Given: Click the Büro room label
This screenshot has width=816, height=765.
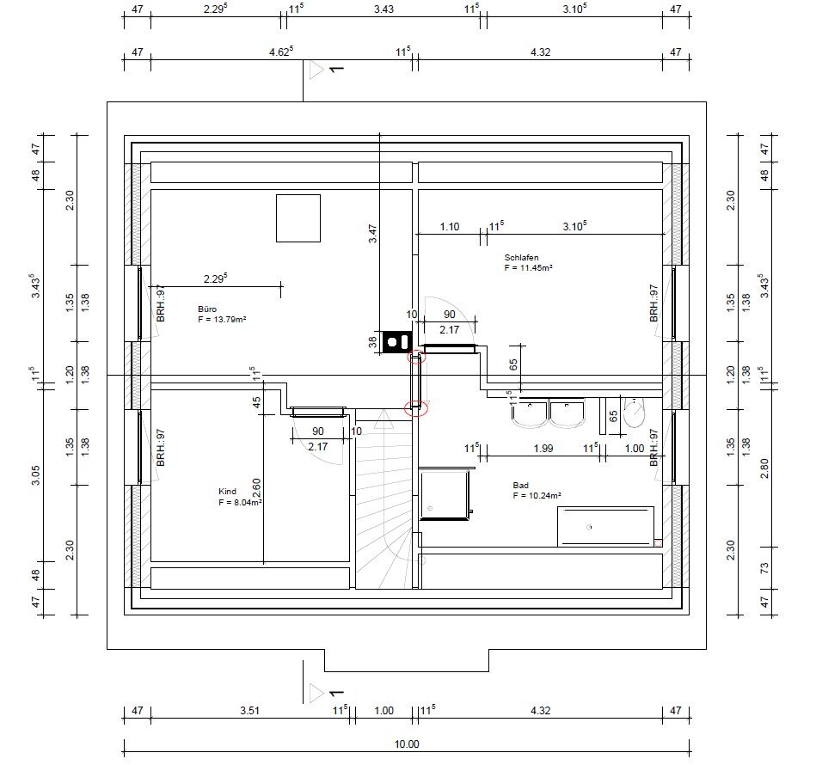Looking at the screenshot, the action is [x=207, y=309].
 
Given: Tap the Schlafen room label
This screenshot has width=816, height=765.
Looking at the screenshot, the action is [x=521, y=257].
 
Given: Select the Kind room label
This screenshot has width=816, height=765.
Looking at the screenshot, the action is [x=227, y=492].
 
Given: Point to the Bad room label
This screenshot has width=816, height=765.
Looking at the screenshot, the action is [x=520, y=485].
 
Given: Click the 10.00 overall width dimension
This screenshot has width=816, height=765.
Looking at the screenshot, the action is [x=407, y=744].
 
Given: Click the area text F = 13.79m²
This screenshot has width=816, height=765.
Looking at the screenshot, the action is [x=222, y=319].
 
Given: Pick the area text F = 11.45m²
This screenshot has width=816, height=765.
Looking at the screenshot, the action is [x=528, y=268].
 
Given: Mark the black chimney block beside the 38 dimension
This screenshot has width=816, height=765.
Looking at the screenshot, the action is [x=397, y=342].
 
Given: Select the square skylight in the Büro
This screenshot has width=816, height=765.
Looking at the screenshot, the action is [x=298, y=218].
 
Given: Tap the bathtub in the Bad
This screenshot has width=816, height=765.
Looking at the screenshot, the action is [x=605, y=527].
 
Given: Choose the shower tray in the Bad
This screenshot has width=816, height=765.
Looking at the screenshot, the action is [x=445, y=494].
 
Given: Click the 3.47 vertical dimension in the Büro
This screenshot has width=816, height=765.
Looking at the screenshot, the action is [x=372, y=234].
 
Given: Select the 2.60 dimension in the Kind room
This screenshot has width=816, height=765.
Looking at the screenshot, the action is [x=256, y=488].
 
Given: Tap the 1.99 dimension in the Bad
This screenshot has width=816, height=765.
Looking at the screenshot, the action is [x=543, y=449].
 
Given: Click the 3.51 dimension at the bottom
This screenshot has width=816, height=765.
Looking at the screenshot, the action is [x=250, y=710].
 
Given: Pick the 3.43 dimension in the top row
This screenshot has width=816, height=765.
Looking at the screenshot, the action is [x=383, y=9].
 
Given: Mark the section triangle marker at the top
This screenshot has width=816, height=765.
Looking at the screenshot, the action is [x=316, y=70].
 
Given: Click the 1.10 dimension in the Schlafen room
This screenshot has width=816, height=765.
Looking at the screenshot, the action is [x=450, y=227].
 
